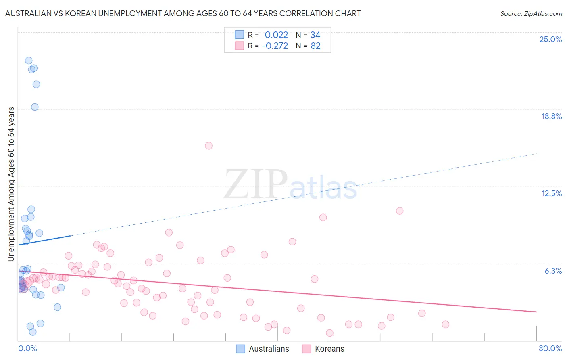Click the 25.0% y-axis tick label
click(x=550, y=39)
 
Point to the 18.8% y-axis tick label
click(x=551, y=116)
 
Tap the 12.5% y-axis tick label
click(x=551, y=193)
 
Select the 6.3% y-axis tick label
click(x=553, y=271)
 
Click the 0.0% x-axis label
click(x=27, y=348)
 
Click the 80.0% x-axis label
click(x=550, y=348)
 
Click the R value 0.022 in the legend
click(x=276, y=35)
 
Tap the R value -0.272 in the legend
click(x=275, y=46)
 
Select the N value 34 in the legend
click(x=315, y=35)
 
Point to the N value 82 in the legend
click(x=315, y=46)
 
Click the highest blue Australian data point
click(x=29, y=61)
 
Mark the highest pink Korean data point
click(x=208, y=146)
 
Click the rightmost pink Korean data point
click(x=446, y=324)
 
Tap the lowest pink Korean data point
click(x=329, y=333)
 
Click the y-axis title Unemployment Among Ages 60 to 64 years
click(x=11, y=184)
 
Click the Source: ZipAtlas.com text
click(x=531, y=14)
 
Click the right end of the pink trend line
click(x=536, y=312)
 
